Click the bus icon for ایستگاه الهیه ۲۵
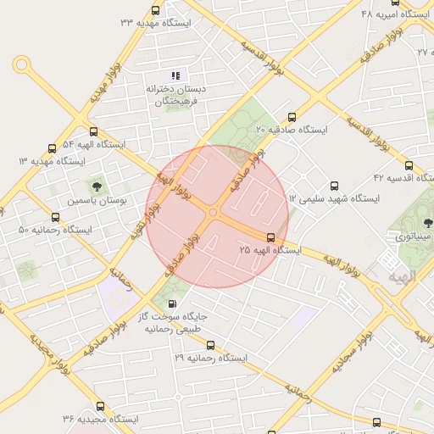(x=270, y=238)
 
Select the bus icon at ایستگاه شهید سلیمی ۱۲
(x=333, y=185)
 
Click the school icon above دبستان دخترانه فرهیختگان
(x=176, y=75)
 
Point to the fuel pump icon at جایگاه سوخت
(x=174, y=303)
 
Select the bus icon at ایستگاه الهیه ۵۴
(x=93, y=132)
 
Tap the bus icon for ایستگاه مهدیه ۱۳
(x=53, y=148)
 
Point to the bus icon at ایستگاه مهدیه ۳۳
(x=155, y=11)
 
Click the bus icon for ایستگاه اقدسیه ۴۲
(x=410, y=166)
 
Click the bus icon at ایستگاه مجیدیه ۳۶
(x=100, y=406)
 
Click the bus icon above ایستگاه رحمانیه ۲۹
(x=211, y=345)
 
